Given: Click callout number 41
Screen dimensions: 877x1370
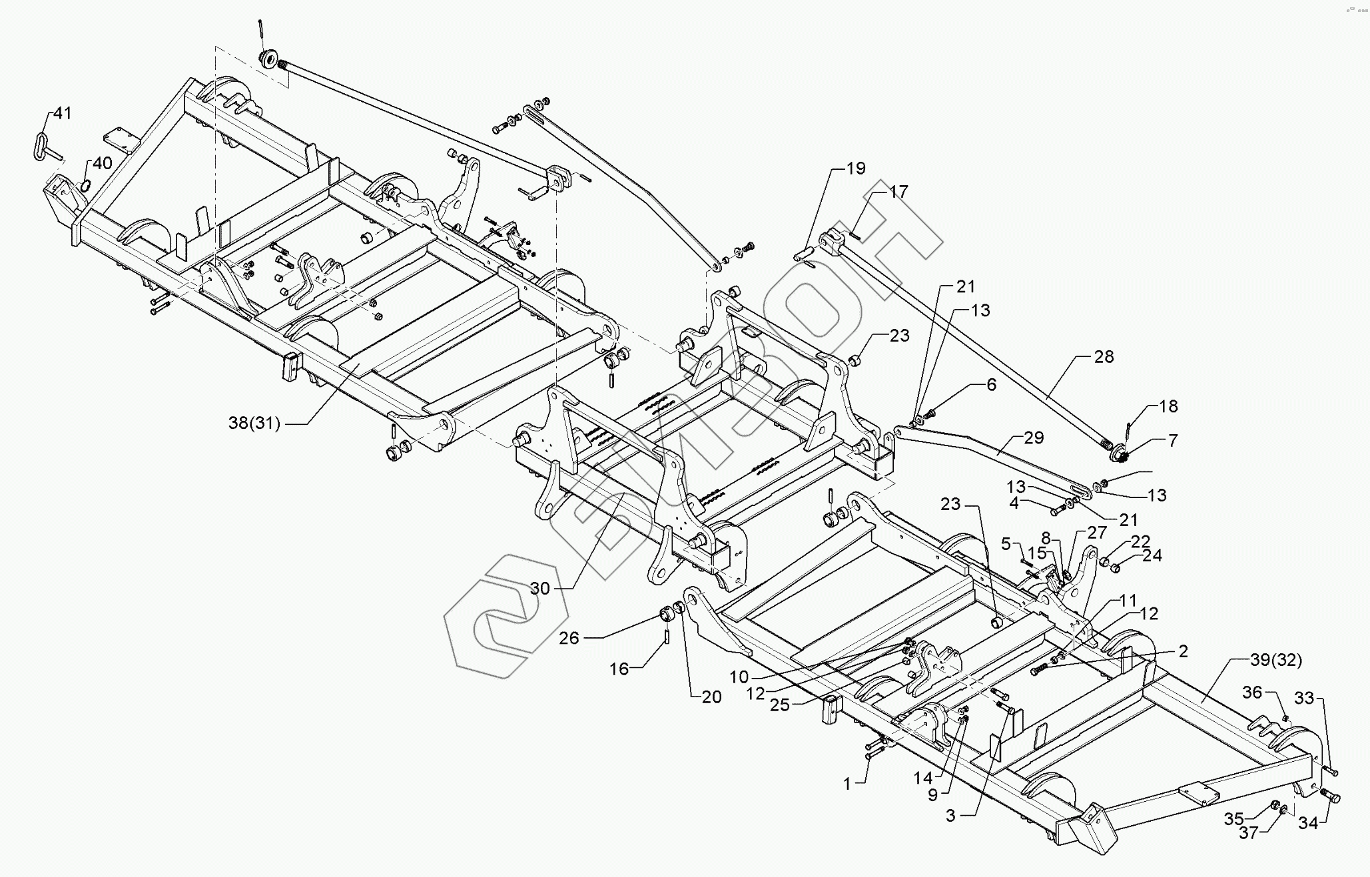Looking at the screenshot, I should (x=62, y=113).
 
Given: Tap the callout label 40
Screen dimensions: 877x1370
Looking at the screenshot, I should (x=102, y=163).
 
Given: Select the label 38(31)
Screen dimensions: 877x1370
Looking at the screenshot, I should (x=254, y=423).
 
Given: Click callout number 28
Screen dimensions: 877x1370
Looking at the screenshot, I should (x=1104, y=357).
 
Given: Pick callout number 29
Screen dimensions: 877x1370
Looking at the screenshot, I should (x=1034, y=438).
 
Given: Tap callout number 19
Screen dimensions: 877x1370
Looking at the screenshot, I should (x=855, y=168).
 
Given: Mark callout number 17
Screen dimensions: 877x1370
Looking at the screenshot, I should (x=898, y=192).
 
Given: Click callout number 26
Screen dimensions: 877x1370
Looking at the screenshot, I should (x=569, y=638).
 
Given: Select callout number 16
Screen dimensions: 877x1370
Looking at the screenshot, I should (x=619, y=668).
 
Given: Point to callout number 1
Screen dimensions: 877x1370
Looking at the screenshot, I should (x=847, y=784).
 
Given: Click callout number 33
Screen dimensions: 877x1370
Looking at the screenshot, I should (x=1305, y=699).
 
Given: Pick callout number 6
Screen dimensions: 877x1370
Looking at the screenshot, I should (x=991, y=385).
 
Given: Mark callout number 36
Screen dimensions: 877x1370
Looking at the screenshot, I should (x=1252, y=693).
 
